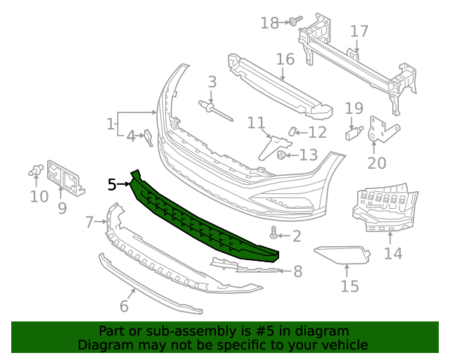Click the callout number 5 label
(x=112, y=185)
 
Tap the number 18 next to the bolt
(x=270, y=23)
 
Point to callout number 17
(x=359, y=32)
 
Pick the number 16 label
(x=285, y=58)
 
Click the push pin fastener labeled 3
(x=209, y=108)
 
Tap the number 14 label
(x=393, y=253)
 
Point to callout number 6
(x=124, y=306)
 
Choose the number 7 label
(x=89, y=223)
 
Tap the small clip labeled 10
(x=37, y=169)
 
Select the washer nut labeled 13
(x=281, y=155)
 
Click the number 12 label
(x=317, y=132)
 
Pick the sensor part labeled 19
(x=354, y=131)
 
